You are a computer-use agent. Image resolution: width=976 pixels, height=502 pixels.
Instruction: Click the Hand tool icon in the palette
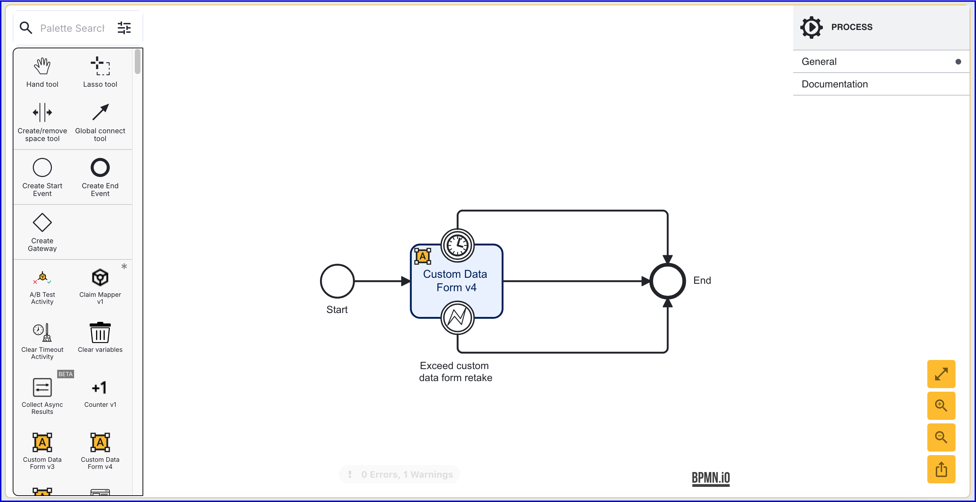(x=42, y=66)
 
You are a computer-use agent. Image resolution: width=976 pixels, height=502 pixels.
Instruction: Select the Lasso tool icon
(x=100, y=66)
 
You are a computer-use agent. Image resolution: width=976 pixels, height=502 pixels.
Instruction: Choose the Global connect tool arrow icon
(x=100, y=112)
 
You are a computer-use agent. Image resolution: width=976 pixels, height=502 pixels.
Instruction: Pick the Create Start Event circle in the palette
(x=42, y=168)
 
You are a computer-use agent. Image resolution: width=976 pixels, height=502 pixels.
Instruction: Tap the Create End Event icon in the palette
(x=100, y=168)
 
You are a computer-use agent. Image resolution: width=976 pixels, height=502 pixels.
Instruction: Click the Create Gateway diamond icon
(x=42, y=222)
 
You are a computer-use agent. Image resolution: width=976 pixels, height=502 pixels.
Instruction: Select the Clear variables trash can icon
(x=100, y=332)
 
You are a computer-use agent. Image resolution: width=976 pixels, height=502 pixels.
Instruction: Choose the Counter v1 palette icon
(x=100, y=388)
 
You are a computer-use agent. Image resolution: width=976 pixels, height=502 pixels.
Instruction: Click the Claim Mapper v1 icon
(x=100, y=277)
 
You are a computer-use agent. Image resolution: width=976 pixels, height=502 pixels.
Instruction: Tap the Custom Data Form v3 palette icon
(x=42, y=442)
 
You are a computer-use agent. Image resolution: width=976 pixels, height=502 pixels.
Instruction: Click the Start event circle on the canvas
(x=337, y=281)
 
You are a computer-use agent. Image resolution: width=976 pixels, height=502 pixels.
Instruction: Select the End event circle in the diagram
(x=667, y=281)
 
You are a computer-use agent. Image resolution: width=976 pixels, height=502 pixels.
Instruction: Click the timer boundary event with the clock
(x=457, y=245)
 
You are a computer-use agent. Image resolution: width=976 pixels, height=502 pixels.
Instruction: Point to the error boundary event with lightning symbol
(x=457, y=318)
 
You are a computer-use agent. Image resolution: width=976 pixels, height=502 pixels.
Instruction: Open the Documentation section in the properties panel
(x=834, y=84)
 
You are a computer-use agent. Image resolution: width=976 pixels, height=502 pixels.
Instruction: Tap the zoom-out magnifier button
(x=941, y=437)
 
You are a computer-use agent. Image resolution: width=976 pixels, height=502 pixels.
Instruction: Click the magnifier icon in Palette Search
(x=26, y=27)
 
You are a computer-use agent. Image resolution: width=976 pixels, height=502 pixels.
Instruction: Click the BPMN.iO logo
(x=710, y=478)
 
